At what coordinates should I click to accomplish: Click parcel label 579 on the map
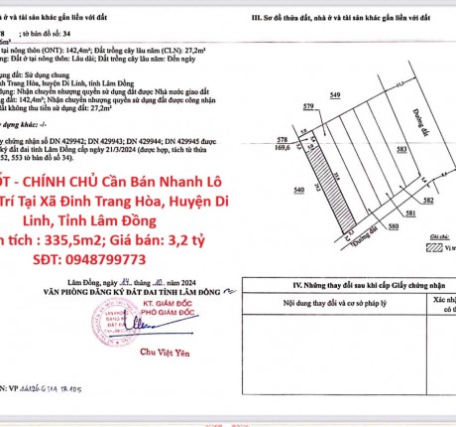(308, 105)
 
